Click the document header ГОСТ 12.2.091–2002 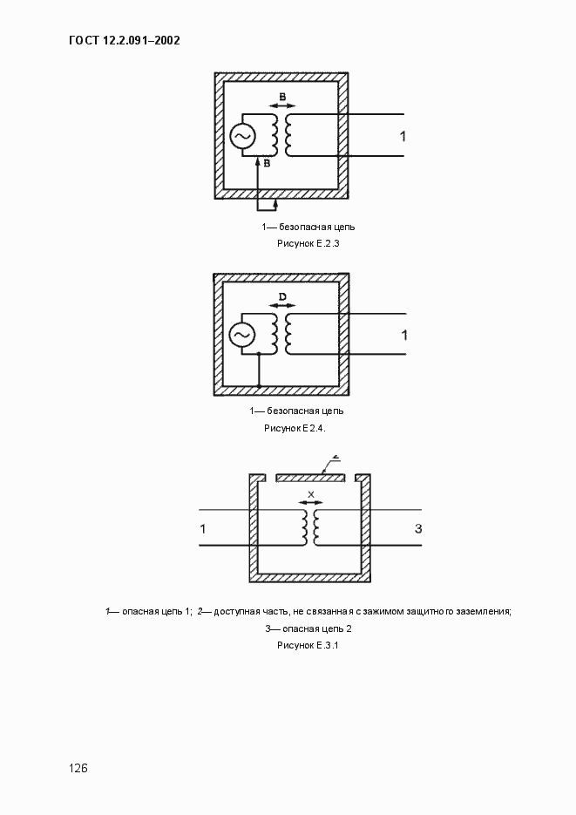coord(123,40)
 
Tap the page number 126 coord(79,768)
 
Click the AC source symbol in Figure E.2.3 coord(241,136)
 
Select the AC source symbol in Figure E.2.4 coord(241,335)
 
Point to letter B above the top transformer coord(281,95)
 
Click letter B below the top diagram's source coord(267,163)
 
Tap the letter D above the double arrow coord(281,297)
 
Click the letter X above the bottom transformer coord(310,494)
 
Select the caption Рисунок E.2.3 coord(308,244)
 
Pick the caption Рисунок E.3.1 coord(308,645)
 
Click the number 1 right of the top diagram coord(403,136)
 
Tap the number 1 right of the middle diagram coord(403,335)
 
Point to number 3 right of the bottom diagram coord(418,529)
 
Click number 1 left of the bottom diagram coord(203,529)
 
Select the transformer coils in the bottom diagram coord(310,526)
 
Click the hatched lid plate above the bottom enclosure coord(310,478)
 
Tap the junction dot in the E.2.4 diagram coord(259,354)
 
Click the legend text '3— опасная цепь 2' coord(308,628)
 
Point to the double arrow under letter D coord(281,306)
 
